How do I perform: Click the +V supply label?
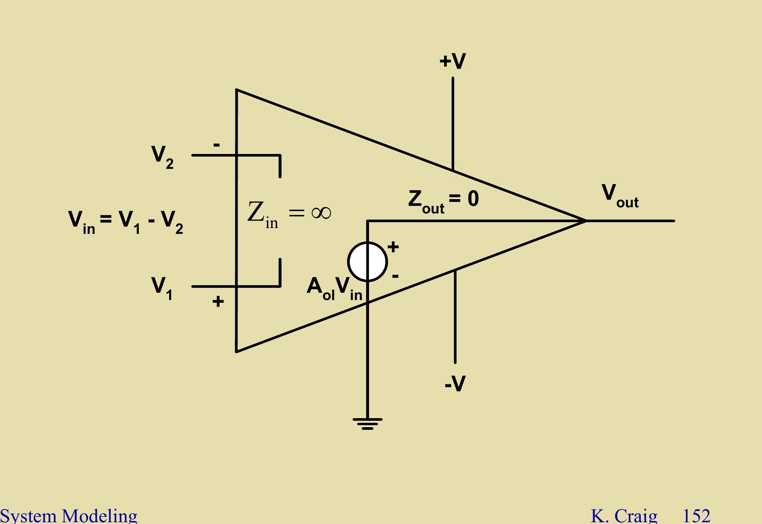[x=452, y=61]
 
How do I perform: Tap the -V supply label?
[x=455, y=383]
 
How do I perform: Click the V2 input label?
[x=162, y=157]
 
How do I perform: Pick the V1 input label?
[x=162, y=288]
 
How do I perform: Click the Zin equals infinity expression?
[x=289, y=214]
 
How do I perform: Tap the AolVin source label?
[x=334, y=289]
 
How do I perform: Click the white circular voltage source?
[x=368, y=262]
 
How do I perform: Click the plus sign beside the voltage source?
[x=393, y=247]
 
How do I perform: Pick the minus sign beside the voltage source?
[x=396, y=276]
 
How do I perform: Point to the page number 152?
[x=696, y=516]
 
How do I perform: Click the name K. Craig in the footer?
[x=624, y=516]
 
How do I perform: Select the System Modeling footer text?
[x=69, y=516]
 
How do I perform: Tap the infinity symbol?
[x=321, y=212]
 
